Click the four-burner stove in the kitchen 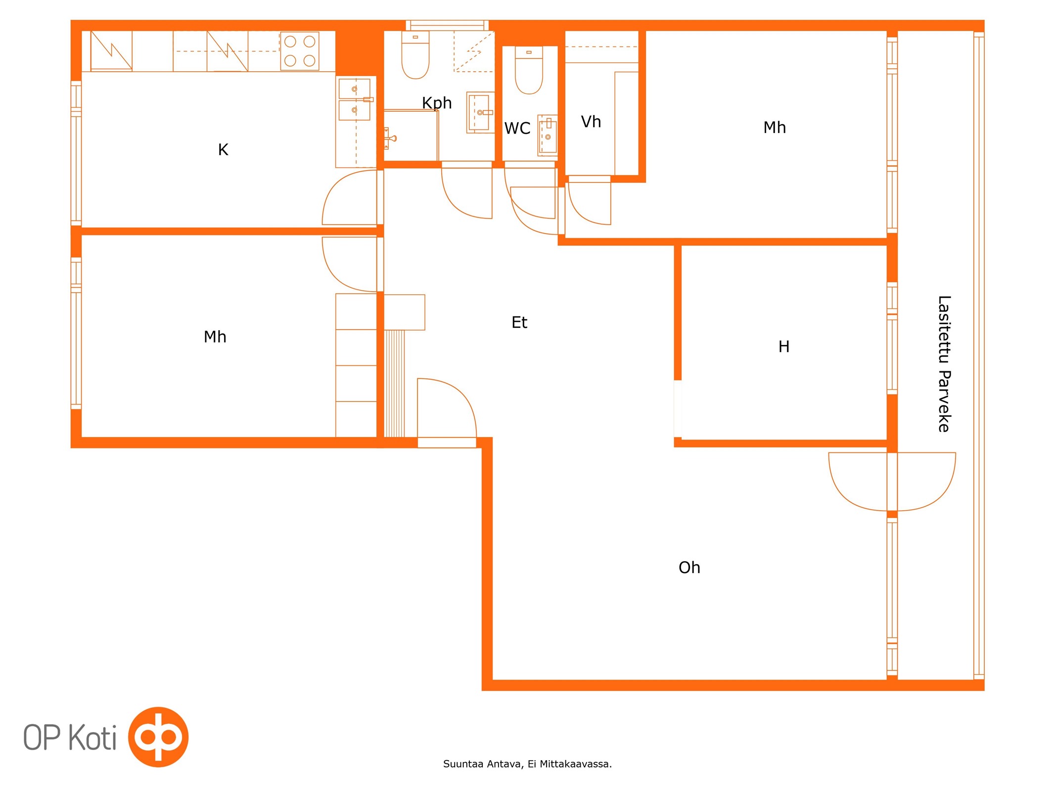(299, 51)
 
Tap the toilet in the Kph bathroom (415, 55)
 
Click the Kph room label (437, 103)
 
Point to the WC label (517, 129)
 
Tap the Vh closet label (591, 122)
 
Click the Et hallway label (519, 322)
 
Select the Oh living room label (689, 568)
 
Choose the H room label (783, 347)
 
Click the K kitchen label (223, 150)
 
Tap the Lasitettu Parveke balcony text (944, 364)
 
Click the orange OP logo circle (158, 737)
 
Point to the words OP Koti (70, 737)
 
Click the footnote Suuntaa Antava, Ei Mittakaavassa (527, 764)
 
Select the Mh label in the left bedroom (215, 337)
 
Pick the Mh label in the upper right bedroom (775, 128)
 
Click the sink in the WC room (548, 135)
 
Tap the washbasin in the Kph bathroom (480, 113)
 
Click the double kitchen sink (355, 99)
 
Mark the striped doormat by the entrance (394, 384)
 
